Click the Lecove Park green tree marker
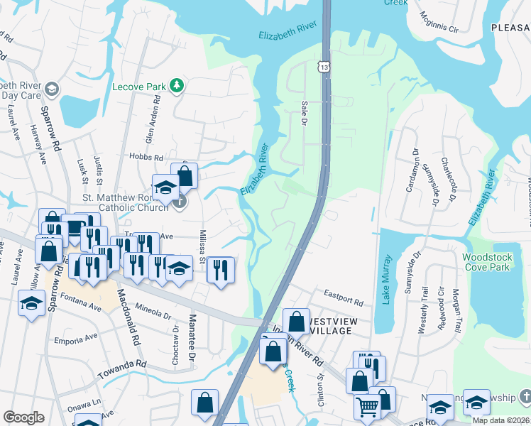pos(176,87)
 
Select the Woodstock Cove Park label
pos(486,262)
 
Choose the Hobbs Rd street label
pos(146,157)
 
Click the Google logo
pos(23,417)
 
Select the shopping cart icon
pos(367,407)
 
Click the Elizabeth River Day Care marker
pos(52,89)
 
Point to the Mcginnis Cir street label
pos(439,22)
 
